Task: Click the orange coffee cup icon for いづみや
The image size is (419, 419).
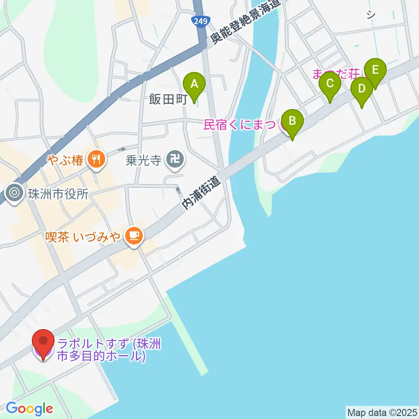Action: click(134, 236)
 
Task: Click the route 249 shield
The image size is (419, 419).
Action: click(201, 20)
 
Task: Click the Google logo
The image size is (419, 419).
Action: click(29, 409)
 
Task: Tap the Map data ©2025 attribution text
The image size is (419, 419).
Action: click(381, 412)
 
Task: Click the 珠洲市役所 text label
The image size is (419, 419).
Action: click(58, 193)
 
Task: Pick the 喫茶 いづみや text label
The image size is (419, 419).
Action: click(83, 237)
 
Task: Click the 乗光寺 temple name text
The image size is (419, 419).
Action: click(143, 161)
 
